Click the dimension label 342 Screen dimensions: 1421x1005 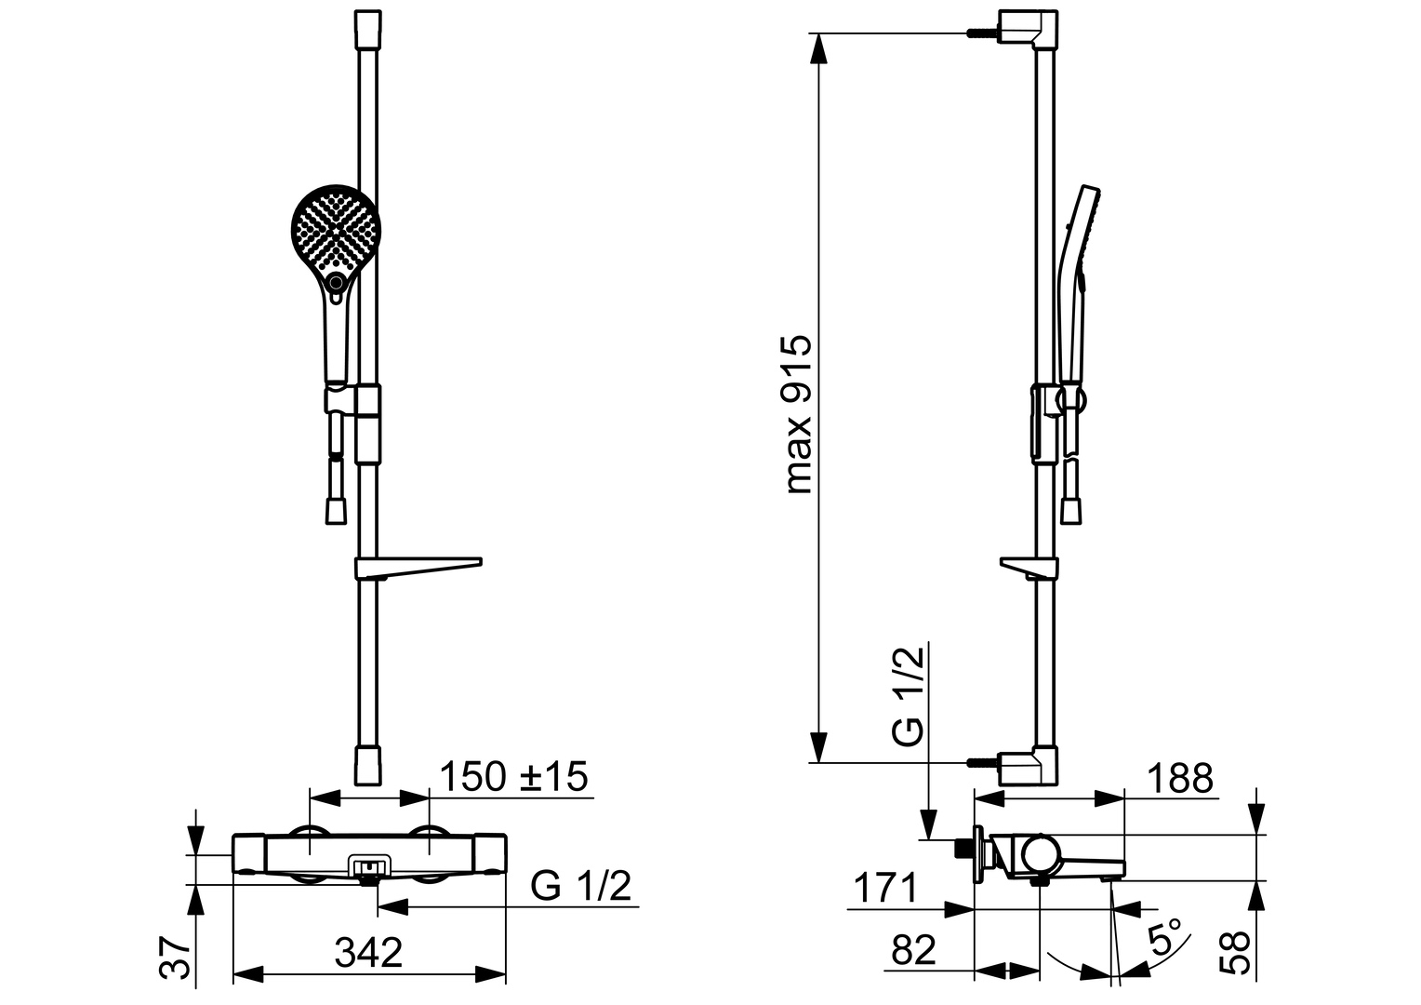[368, 952]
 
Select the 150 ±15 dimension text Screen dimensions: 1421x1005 [513, 776]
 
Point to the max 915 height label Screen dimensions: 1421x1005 [798, 414]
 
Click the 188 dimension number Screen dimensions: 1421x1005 [1180, 778]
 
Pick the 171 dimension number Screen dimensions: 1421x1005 [885, 887]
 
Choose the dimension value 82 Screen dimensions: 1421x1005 [913, 950]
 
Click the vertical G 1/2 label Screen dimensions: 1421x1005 [907, 696]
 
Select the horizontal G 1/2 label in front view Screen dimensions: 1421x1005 [580, 886]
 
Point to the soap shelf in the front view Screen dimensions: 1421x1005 [418, 568]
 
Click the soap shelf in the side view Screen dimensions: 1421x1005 [1029, 568]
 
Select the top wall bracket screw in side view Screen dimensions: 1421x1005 [983, 33]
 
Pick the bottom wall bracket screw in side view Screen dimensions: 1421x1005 [983, 762]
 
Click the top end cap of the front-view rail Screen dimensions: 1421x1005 [368, 29]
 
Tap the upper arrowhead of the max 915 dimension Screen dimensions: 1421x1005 [819, 48]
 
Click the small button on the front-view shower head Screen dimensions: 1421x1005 [336, 281]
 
